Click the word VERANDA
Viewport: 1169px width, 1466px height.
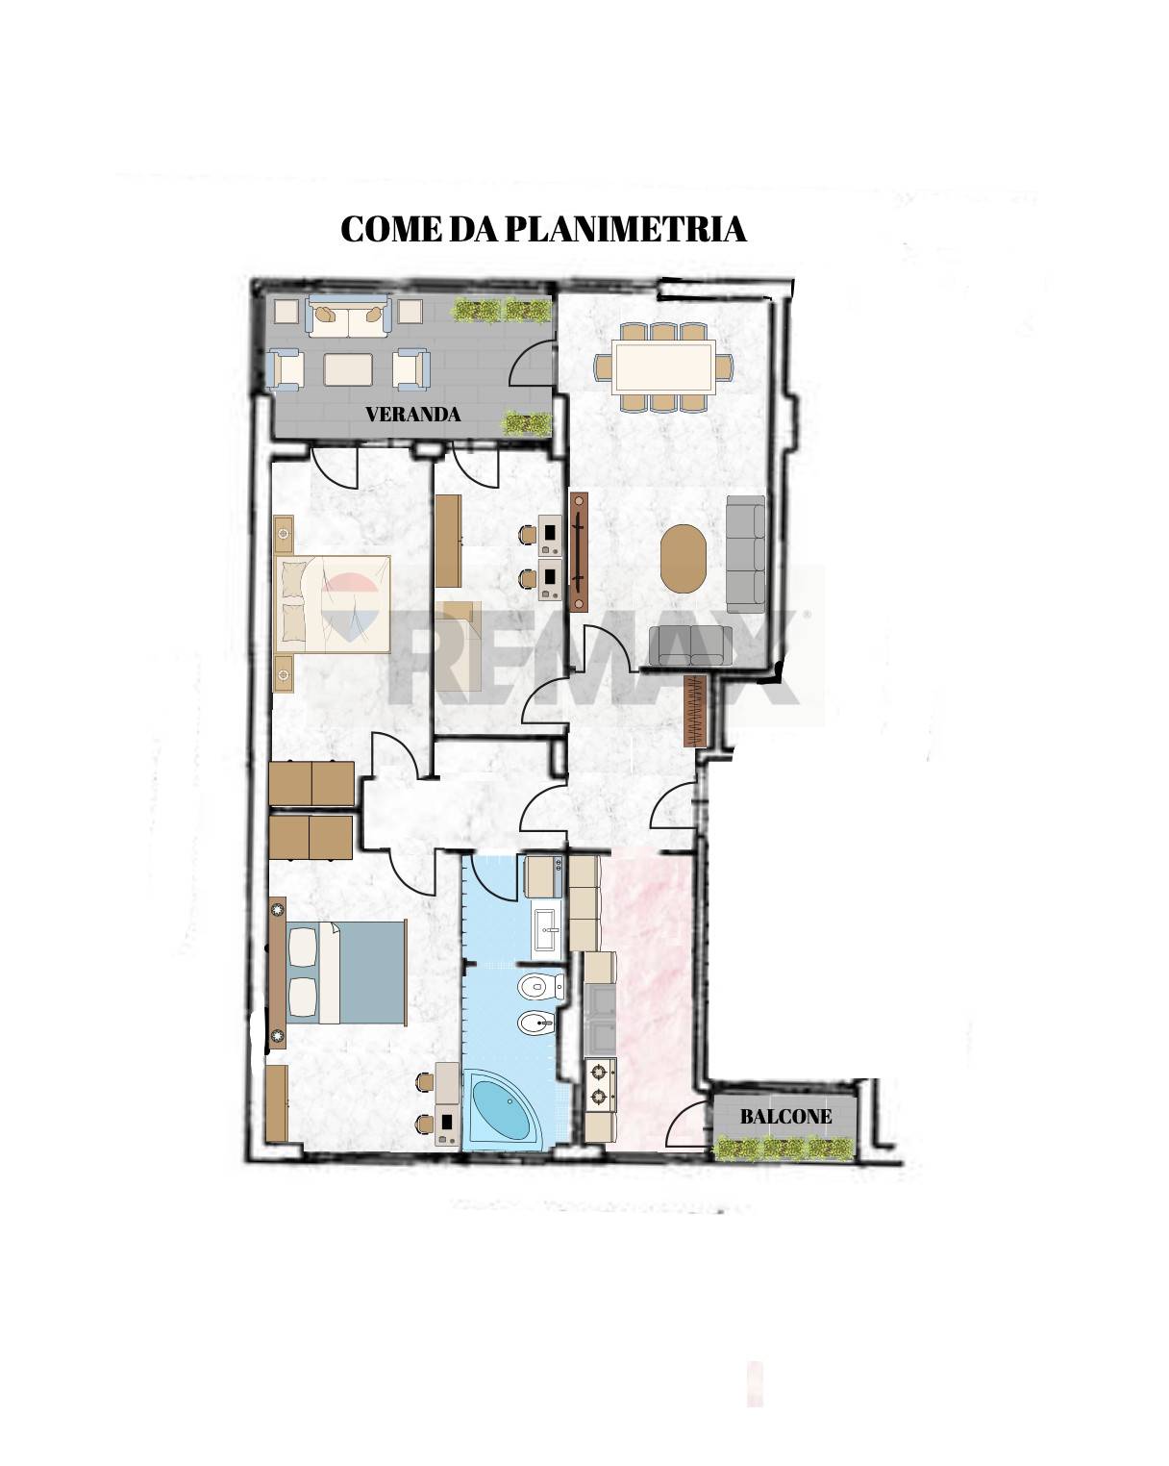(x=412, y=415)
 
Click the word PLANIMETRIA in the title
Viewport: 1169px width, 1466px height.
(x=625, y=229)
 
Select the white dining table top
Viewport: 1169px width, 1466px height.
(x=663, y=366)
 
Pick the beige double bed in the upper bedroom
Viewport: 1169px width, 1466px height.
(x=333, y=604)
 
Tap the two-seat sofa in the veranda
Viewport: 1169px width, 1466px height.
(x=348, y=316)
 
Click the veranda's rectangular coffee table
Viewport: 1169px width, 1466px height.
(x=348, y=369)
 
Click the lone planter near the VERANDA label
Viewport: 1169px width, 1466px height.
(x=526, y=423)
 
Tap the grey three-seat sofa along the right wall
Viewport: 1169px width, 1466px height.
(x=746, y=553)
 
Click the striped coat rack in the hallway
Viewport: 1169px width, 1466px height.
(x=695, y=711)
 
